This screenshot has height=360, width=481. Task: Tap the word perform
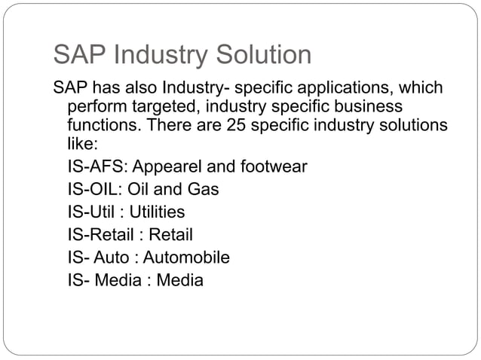94,105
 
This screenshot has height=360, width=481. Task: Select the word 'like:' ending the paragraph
83,143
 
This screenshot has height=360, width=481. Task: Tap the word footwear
272,166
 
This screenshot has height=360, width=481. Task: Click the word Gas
204,189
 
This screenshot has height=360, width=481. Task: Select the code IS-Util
91,212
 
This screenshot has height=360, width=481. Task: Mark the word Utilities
157,212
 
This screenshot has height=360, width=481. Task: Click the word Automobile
187,258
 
